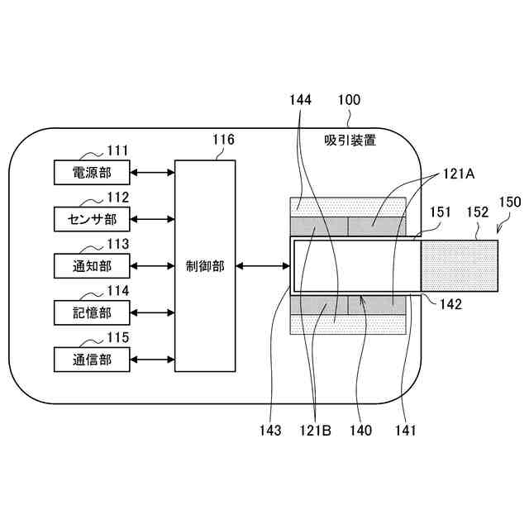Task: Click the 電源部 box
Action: [x=92, y=172]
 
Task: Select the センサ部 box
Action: [x=92, y=219]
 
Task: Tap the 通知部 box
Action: [x=92, y=266]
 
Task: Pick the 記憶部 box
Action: [x=92, y=312]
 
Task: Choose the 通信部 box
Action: [x=92, y=360]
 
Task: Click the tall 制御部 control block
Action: [x=204, y=266]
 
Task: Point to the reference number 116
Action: [x=223, y=140]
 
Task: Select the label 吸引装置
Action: [x=350, y=141]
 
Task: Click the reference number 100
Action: [x=349, y=101]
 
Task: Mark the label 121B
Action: [x=317, y=430]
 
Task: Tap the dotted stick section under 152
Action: [x=460, y=266]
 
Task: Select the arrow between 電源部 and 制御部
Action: [x=152, y=172]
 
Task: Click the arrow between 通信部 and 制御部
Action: [x=152, y=360]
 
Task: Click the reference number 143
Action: [x=269, y=430]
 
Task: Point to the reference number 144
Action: [x=301, y=101]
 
